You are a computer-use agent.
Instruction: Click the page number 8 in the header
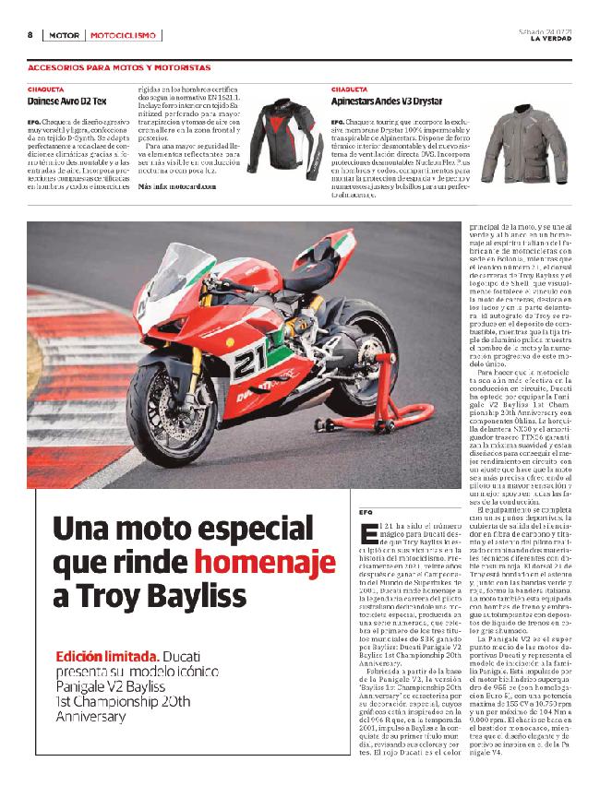tap(30, 35)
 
